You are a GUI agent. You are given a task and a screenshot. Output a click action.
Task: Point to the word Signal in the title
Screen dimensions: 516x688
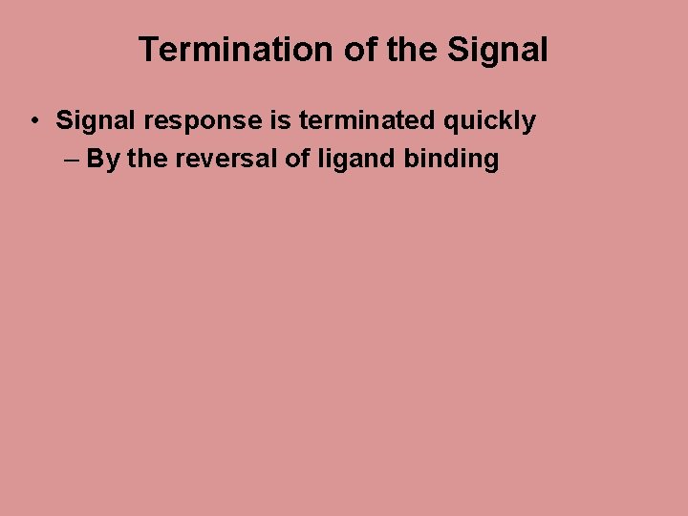496,50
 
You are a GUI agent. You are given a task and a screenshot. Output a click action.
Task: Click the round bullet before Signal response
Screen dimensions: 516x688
33,121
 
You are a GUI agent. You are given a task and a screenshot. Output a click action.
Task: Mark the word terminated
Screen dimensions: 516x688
361,121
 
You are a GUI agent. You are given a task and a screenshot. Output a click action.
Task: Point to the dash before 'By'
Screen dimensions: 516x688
74,159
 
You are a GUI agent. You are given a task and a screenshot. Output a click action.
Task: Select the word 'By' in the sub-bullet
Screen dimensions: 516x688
103,159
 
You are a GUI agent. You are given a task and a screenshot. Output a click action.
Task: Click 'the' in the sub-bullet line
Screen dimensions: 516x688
146,159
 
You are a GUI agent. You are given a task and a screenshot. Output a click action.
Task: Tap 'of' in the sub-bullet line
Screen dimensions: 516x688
297,159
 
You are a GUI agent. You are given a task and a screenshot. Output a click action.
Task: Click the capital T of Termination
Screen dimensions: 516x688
148,50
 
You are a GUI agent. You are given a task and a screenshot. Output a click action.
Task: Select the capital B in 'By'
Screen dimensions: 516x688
96,159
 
